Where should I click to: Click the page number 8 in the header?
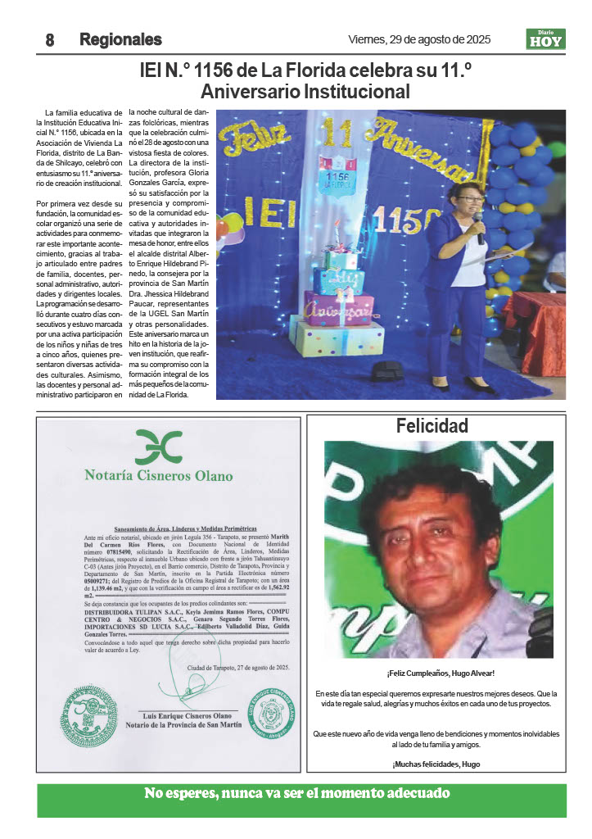tap(49, 39)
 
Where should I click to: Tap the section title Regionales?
tap(120, 39)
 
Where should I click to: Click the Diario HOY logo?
tap(545, 39)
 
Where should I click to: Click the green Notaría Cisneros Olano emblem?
tap(158, 447)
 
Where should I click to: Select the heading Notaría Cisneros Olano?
tap(159, 475)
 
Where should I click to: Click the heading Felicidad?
tap(432, 426)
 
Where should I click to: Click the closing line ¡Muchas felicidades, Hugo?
tap(435, 764)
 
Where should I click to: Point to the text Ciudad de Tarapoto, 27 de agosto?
tap(238, 669)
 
